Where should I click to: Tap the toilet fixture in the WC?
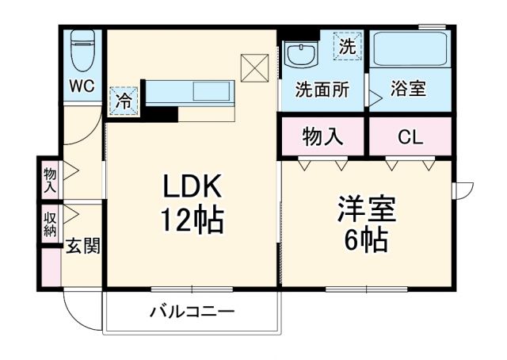(x=82, y=52)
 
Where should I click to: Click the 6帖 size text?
(x=367, y=239)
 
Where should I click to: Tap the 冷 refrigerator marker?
(x=124, y=101)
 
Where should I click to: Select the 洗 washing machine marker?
(x=347, y=46)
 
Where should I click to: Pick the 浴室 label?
(x=407, y=90)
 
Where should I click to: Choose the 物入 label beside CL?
(x=322, y=137)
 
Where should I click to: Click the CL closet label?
(x=409, y=137)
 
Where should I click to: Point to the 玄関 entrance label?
(x=82, y=246)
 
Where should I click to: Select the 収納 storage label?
(x=50, y=224)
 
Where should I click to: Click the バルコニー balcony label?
(x=193, y=312)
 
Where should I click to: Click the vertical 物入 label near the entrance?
(x=50, y=180)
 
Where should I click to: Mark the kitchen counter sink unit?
(x=191, y=91)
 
